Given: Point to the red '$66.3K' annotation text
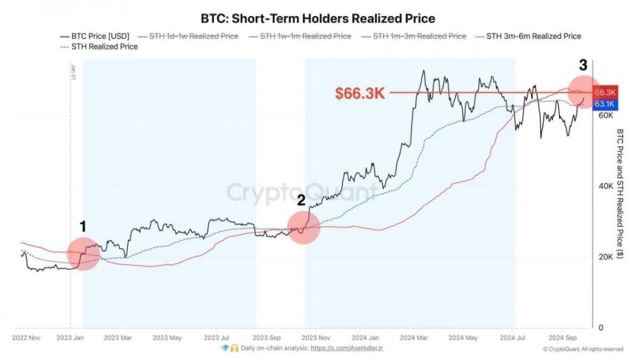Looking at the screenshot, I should tap(360, 93).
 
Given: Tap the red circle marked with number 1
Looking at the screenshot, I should tap(82, 253).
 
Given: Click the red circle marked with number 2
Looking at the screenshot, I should tap(304, 227).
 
